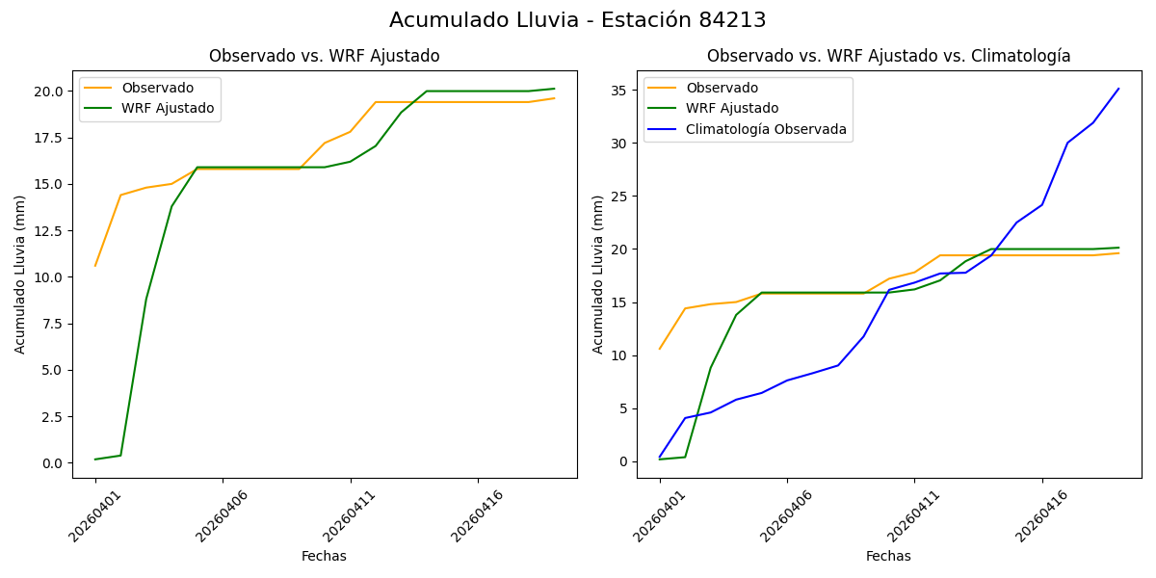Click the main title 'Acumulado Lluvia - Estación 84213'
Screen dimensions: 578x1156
click(x=578, y=20)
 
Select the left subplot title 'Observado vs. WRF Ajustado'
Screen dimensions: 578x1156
click(x=325, y=56)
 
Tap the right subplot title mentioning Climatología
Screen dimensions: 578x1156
click(x=889, y=56)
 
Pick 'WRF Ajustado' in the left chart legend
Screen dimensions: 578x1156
click(x=168, y=108)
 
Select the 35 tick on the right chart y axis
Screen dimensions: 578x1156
click(x=620, y=91)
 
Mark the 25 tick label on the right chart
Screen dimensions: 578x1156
click(x=620, y=197)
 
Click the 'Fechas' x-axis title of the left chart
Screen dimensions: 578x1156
click(x=324, y=556)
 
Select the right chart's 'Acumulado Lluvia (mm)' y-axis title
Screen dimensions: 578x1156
click(x=598, y=275)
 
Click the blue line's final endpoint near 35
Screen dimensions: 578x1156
click(x=1118, y=89)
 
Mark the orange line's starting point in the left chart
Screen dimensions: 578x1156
click(x=95, y=266)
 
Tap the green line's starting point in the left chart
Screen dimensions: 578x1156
click(x=95, y=460)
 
